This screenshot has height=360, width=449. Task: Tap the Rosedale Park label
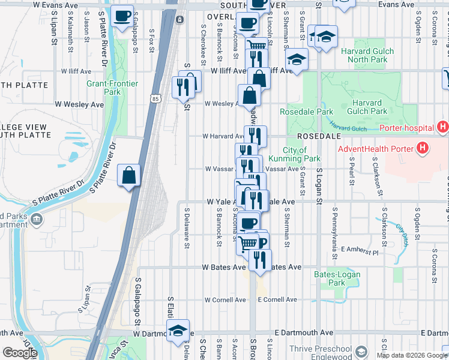[x=306, y=112]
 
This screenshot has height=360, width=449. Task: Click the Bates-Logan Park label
[x=330, y=278]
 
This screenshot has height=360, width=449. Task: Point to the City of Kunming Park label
[x=303, y=154]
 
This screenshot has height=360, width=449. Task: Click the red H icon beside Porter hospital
[x=443, y=127]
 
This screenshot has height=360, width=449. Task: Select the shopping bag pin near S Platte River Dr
[x=129, y=176]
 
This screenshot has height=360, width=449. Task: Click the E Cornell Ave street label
[x=277, y=299]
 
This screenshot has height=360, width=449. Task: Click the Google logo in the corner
[x=19, y=353]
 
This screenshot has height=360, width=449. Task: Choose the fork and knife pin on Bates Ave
[x=260, y=260]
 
